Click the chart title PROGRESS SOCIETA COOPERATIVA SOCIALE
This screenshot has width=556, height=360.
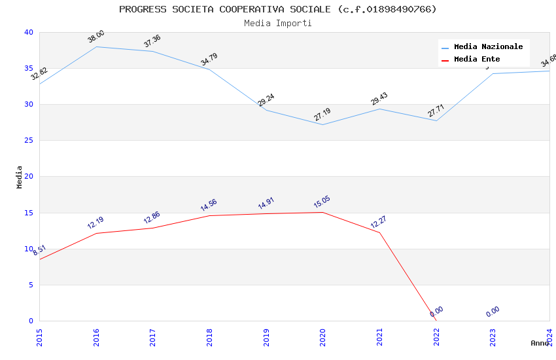pyautogui.click(x=277, y=9)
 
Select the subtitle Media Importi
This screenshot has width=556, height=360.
pyautogui.click(x=277, y=23)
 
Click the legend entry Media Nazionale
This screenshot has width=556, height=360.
pyautogui.click(x=488, y=47)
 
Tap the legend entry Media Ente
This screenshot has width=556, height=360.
pyautogui.click(x=477, y=60)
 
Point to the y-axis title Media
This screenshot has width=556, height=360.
pyautogui.click(x=20, y=177)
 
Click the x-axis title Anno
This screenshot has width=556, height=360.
pyautogui.click(x=540, y=343)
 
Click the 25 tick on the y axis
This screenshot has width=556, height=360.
pyautogui.click(x=28, y=141)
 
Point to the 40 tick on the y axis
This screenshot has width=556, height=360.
pyautogui.click(x=28, y=33)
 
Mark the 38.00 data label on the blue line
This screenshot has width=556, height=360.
pyautogui.click(x=96, y=37)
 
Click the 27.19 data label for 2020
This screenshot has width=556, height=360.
pyautogui.click(x=322, y=115)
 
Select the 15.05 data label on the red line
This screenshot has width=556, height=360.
pyautogui.click(x=322, y=202)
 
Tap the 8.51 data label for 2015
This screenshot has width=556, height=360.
pyautogui.click(x=39, y=250)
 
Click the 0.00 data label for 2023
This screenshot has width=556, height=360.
pyautogui.click(x=493, y=312)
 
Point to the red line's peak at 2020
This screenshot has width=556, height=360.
pyautogui.click(x=322, y=212)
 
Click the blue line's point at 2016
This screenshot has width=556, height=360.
pyautogui.click(x=96, y=46)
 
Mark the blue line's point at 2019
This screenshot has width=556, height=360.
pyautogui.click(x=266, y=110)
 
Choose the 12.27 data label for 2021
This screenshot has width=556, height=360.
pyautogui.click(x=379, y=222)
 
